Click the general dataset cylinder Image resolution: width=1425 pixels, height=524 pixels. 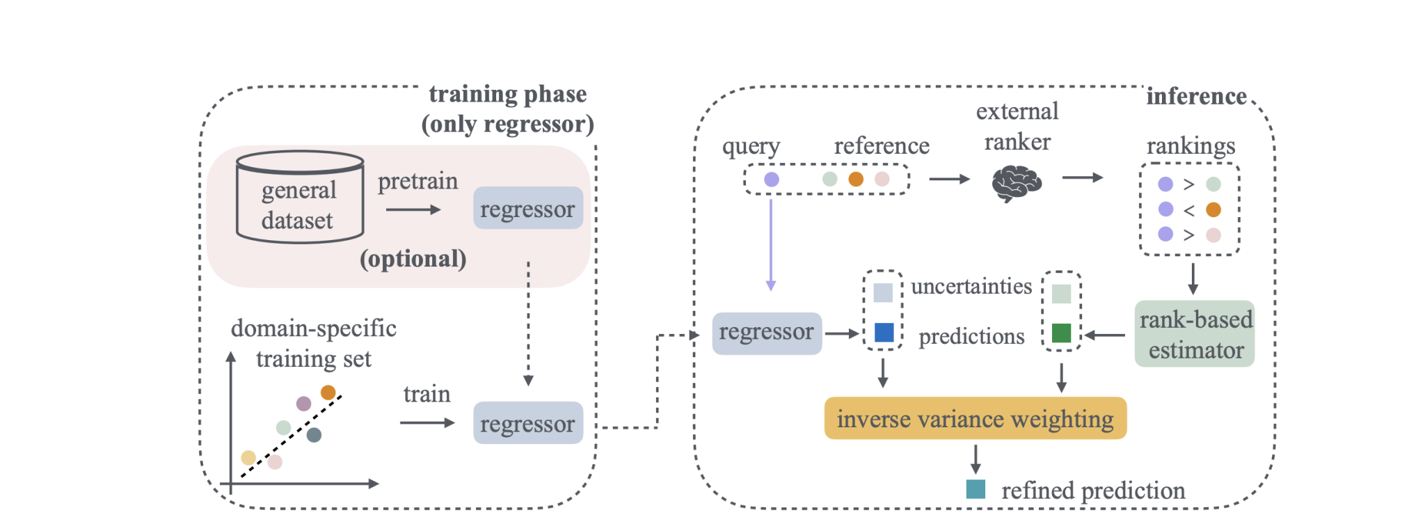click(x=299, y=198)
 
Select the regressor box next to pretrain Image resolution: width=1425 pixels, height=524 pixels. click(x=527, y=208)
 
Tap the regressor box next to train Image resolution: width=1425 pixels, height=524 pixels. click(x=527, y=423)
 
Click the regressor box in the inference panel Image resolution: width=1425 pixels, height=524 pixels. click(x=766, y=333)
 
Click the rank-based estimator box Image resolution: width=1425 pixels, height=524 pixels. click(x=1194, y=334)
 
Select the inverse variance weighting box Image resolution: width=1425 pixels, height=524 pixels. click(x=974, y=419)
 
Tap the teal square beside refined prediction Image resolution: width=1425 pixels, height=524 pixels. click(x=976, y=489)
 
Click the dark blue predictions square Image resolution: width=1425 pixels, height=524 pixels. click(x=883, y=333)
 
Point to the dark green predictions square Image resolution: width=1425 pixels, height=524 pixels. click(x=1061, y=333)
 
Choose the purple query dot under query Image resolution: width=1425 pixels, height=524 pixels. click(x=771, y=180)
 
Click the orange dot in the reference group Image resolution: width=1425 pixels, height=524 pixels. click(x=856, y=180)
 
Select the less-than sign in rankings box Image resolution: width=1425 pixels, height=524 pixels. click(x=1189, y=210)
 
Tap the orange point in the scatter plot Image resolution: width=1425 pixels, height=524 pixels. click(x=328, y=392)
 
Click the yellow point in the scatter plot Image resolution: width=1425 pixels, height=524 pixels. click(x=248, y=458)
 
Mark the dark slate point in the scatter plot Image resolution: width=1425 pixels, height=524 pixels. click(x=314, y=435)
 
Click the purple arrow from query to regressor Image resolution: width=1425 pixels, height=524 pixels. click(x=771, y=244)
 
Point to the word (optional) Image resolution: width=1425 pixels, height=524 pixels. click(x=413, y=259)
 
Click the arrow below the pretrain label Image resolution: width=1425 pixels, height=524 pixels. click(x=413, y=209)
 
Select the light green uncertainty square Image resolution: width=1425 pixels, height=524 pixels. click(x=1061, y=294)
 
